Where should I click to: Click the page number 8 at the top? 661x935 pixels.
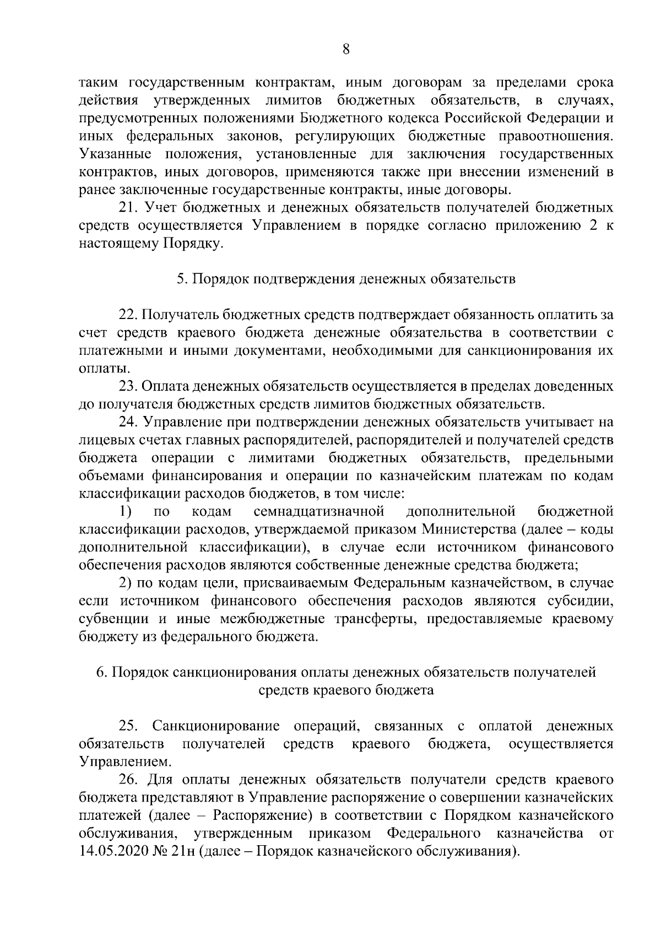click(x=346, y=50)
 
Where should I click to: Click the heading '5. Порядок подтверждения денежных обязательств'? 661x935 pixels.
click(x=346, y=279)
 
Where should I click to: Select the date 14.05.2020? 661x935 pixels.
click(x=111, y=851)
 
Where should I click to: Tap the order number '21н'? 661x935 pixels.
click(x=185, y=851)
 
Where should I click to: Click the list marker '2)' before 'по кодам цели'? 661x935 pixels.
click(x=126, y=583)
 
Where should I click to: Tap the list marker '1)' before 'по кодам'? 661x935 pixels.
click(x=126, y=511)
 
